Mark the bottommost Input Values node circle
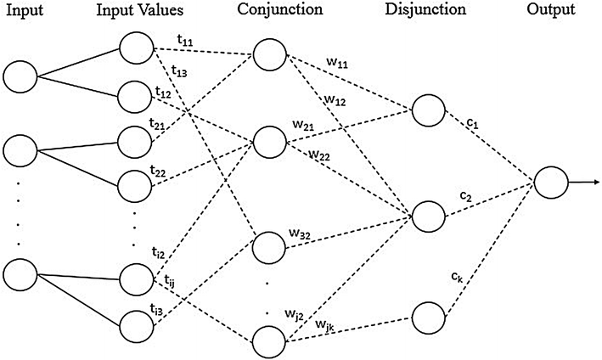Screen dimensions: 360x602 click(x=137, y=324)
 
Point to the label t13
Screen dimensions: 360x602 click(x=180, y=72)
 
